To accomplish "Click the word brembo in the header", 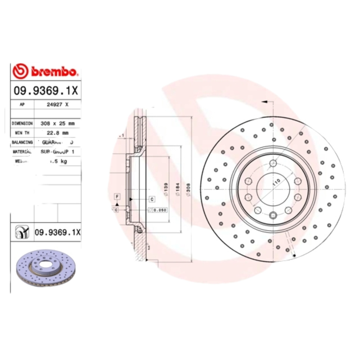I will coord(54,72).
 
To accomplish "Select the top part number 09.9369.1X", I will coord(46,90).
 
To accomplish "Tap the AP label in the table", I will coord(22,104).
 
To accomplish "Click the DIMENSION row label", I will coord(22,123).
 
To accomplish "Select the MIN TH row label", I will coord(21,132).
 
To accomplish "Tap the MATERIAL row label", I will coord(22,152).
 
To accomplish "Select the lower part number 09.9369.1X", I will coord(58,232).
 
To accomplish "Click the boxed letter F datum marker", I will coord(117,197).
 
